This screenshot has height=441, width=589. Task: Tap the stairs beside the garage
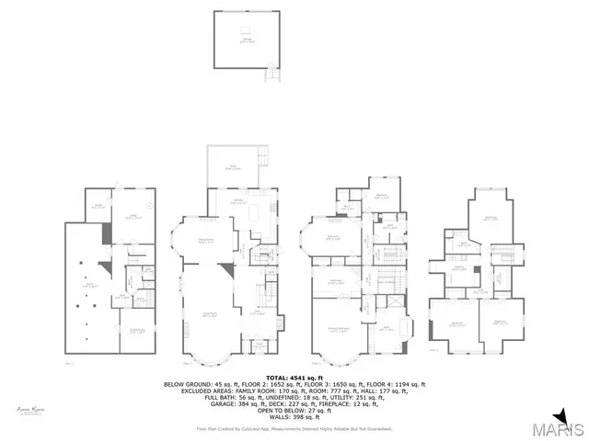pos(270,75)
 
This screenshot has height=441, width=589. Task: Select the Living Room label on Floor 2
pos(209,315)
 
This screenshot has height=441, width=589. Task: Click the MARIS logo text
pos(561,430)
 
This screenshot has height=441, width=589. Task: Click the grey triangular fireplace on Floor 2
pos(225,272)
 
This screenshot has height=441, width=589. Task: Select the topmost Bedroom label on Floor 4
pos(488,219)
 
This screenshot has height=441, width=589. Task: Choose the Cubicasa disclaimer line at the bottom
pos(294,429)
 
